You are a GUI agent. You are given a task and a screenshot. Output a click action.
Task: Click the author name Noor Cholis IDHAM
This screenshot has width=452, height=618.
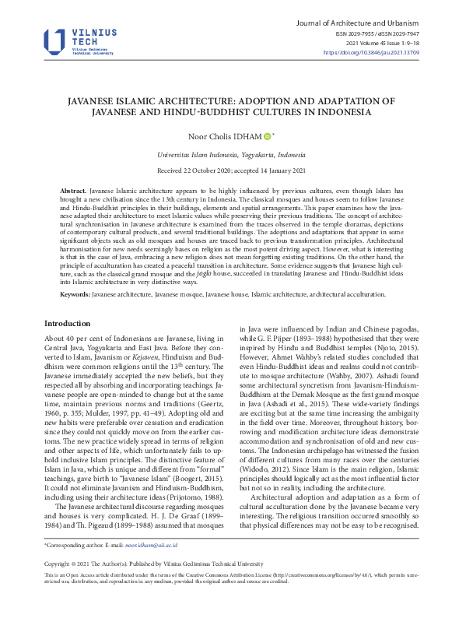pos(219,136)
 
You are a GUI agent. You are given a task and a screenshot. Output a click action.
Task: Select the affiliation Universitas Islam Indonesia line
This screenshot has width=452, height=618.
pos(226,155)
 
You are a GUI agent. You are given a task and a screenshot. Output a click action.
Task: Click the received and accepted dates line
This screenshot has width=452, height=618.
pos(226,170)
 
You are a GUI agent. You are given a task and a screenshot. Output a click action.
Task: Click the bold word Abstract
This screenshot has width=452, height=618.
pos(73,191)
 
